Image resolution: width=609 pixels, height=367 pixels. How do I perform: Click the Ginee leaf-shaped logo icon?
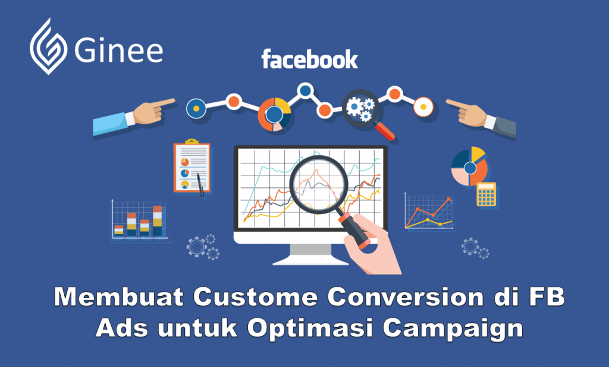pos(48,46)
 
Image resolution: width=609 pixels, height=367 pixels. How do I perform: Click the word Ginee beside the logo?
pos(118,51)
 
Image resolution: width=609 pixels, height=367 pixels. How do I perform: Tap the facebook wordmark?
pos(309,59)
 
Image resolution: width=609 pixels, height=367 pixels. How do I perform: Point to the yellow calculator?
pos(486,194)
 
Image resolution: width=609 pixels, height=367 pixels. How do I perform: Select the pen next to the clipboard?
pos(200,185)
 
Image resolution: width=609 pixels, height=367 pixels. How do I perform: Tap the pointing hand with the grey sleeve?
pos(481,118)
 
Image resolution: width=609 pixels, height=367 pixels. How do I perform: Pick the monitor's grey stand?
pos(310,255)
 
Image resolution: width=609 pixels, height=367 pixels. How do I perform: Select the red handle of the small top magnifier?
pos(385,131)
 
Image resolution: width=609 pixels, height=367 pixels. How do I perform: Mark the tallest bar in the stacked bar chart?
pos(157,221)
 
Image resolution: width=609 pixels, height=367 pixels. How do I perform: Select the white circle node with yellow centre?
pos(423,107)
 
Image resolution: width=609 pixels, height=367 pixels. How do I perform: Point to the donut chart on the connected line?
pos(274,115)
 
